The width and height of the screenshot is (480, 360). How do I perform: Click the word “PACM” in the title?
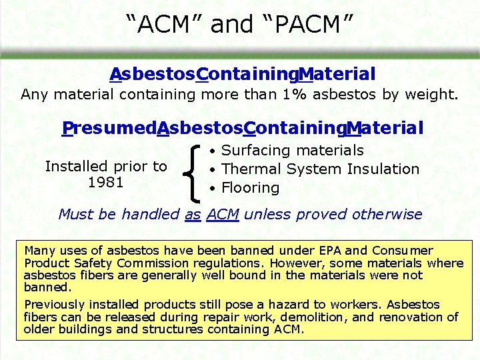[306, 25]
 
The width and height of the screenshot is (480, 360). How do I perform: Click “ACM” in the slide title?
[164, 25]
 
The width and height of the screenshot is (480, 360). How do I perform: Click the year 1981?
[106, 182]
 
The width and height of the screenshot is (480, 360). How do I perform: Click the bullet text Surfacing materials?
[293, 151]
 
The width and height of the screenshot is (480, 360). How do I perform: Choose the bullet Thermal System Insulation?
[320, 169]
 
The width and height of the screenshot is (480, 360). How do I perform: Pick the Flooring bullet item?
[250, 188]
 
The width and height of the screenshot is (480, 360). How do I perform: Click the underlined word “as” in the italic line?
[193, 215]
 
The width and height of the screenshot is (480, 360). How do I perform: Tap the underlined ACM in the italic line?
[223, 215]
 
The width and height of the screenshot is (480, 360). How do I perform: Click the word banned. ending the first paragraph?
[47, 287]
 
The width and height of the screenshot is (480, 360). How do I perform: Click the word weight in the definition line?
[435, 94]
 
